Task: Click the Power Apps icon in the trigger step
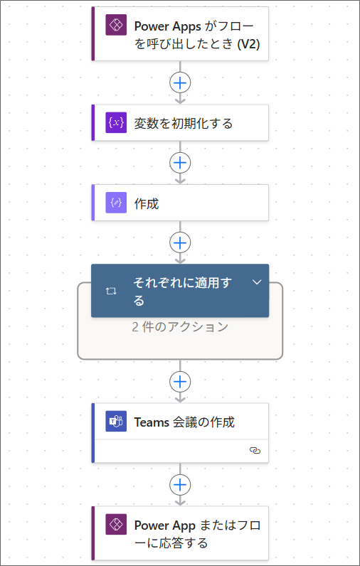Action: (116, 25)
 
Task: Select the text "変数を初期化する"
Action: (184, 124)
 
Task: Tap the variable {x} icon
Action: (116, 123)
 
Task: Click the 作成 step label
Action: (147, 204)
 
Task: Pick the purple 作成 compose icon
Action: (116, 203)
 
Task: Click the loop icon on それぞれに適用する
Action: (111, 291)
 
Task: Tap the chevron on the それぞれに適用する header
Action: (257, 282)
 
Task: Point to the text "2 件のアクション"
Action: (180, 326)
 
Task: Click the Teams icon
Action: (116, 421)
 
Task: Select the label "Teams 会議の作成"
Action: (184, 422)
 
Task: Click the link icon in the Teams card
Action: (255, 451)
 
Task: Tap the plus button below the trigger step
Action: (180, 83)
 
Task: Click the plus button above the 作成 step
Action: (180, 163)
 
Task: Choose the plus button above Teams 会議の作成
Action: (180, 381)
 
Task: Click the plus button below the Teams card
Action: (180, 484)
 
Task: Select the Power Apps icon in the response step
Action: (116, 524)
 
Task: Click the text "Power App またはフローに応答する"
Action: (197, 534)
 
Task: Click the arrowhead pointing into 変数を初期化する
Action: (180, 100)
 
